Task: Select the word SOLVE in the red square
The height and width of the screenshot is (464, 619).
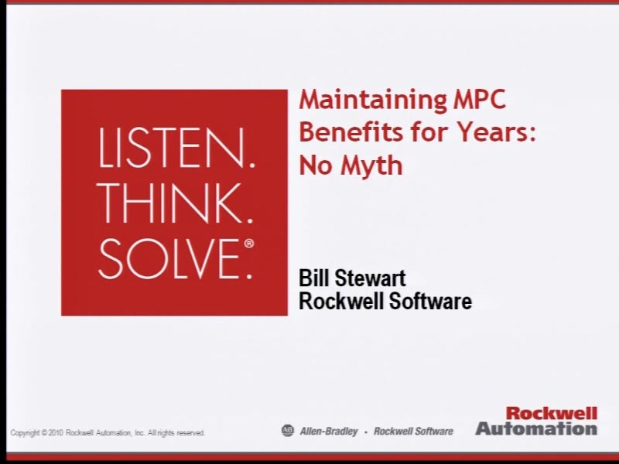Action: (x=169, y=259)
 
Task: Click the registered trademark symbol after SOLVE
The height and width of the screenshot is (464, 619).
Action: (x=249, y=244)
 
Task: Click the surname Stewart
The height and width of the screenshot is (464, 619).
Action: (x=370, y=278)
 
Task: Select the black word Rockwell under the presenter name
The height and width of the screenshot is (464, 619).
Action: (x=341, y=301)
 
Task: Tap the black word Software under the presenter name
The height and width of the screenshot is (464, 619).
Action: (x=431, y=301)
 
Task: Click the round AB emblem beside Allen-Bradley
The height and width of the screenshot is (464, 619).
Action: (x=288, y=431)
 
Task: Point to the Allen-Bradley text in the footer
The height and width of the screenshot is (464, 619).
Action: (x=329, y=432)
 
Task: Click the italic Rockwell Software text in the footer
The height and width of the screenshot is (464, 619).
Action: (x=413, y=432)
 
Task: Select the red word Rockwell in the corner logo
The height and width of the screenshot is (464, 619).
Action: (x=552, y=414)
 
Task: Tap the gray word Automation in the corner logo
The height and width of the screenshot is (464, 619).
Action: (x=536, y=428)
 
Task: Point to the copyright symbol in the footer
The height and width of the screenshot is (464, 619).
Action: (x=44, y=433)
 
